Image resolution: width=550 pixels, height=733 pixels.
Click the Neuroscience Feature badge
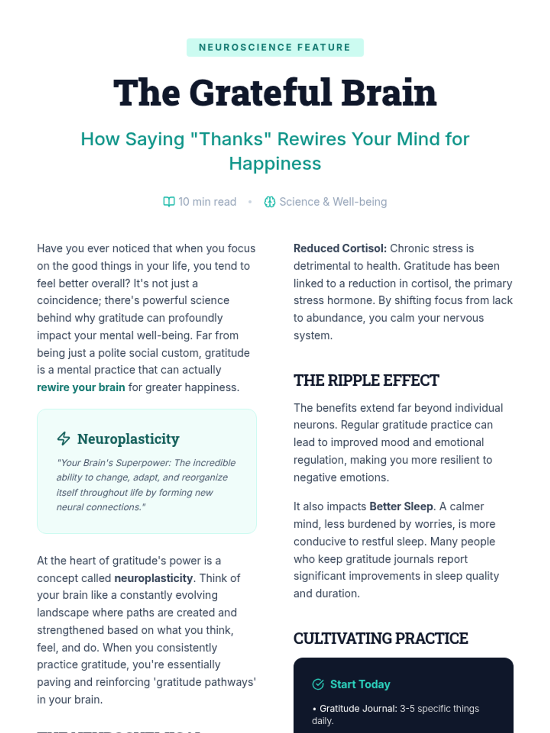pyautogui.click(x=275, y=48)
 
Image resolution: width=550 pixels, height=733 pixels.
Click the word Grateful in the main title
pyautogui.click(x=261, y=93)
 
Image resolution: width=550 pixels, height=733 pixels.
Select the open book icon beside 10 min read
pyautogui.click(x=169, y=202)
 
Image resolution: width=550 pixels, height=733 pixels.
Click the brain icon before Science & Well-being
pyautogui.click(x=269, y=202)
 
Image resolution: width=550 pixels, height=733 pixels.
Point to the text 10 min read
pyautogui.click(x=207, y=202)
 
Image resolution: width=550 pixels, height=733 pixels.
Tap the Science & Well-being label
pyautogui.click(x=333, y=202)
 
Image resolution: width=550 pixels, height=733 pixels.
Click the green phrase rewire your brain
pyautogui.click(x=81, y=388)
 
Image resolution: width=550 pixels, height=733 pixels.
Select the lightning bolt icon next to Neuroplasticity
pyautogui.click(x=64, y=438)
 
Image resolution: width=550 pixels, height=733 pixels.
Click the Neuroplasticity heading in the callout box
pyautogui.click(x=128, y=439)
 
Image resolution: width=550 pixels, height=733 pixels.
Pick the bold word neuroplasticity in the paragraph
pyautogui.click(x=154, y=578)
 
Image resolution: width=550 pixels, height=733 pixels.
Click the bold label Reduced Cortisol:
pyautogui.click(x=340, y=248)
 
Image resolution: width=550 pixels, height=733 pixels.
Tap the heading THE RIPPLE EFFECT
pyautogui.click(x=366, y=380)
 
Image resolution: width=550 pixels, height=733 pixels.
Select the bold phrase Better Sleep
pyautogui.click(x=401, y=507)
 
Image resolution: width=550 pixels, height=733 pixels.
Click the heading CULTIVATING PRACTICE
pyautogui.click(x=380, y=638)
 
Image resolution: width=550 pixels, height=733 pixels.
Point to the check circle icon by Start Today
pyautogui.click(x=318, y=684)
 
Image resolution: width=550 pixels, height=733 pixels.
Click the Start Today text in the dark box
pyautogui.click(x=360, y=684)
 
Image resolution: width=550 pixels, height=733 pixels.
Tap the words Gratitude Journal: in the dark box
pyautogui.click(x=358, y=709)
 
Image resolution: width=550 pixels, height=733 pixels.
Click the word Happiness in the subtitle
pyautogui.click(x=275, y=164)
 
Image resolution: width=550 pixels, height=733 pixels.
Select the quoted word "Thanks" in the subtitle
pyautogui.click(x=231, y=139)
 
